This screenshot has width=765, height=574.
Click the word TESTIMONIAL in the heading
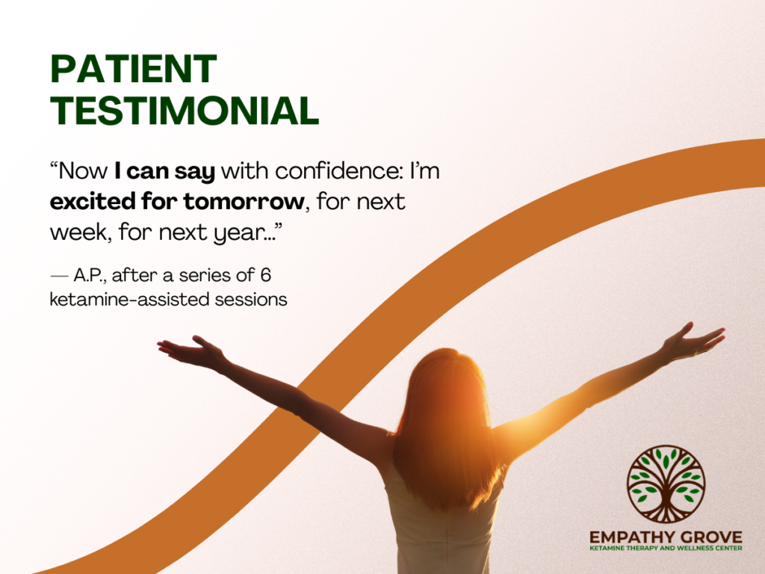185,111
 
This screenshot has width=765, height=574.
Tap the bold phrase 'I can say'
164,172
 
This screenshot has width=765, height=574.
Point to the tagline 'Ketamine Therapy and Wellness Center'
666,549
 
